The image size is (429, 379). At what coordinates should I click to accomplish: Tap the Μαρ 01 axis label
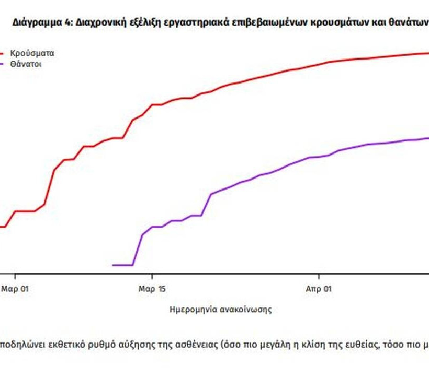coord(15,288)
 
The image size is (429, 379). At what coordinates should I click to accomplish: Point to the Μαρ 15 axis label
coord(152,288)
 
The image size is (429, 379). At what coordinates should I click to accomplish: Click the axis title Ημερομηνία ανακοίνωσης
coord(221,310)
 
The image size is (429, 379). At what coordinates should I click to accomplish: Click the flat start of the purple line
coord(122,265)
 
